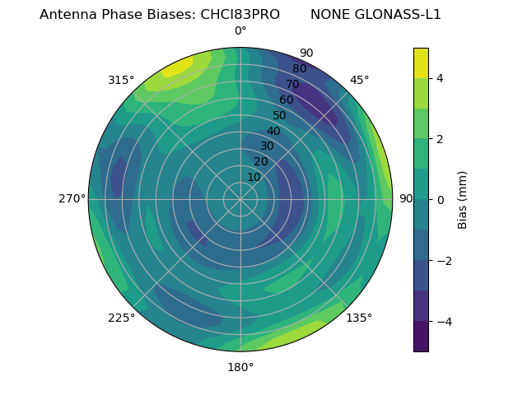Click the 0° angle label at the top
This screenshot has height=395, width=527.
point(240,31)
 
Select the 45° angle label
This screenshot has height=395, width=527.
point(359,80)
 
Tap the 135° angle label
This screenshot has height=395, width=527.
point(359,318)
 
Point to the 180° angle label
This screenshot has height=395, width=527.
point(240,367)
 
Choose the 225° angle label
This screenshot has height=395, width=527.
point(121,318)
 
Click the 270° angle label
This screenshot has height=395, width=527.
point(72,198)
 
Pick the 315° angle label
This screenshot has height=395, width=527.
point(121,80)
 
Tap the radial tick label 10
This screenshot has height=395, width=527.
point(254,177)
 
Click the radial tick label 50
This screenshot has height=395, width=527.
point(279,116)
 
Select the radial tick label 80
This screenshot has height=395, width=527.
point(299,69)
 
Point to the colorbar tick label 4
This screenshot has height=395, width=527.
point(441,78)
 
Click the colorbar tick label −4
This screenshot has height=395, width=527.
point(444,322)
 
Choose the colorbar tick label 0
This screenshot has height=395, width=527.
point(441,200)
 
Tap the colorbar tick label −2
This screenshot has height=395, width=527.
point(444,261)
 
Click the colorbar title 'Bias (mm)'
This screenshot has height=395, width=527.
point(463,200)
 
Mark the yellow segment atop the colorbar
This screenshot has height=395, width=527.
point(421,63)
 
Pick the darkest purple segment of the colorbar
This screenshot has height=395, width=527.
point(421,337)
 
